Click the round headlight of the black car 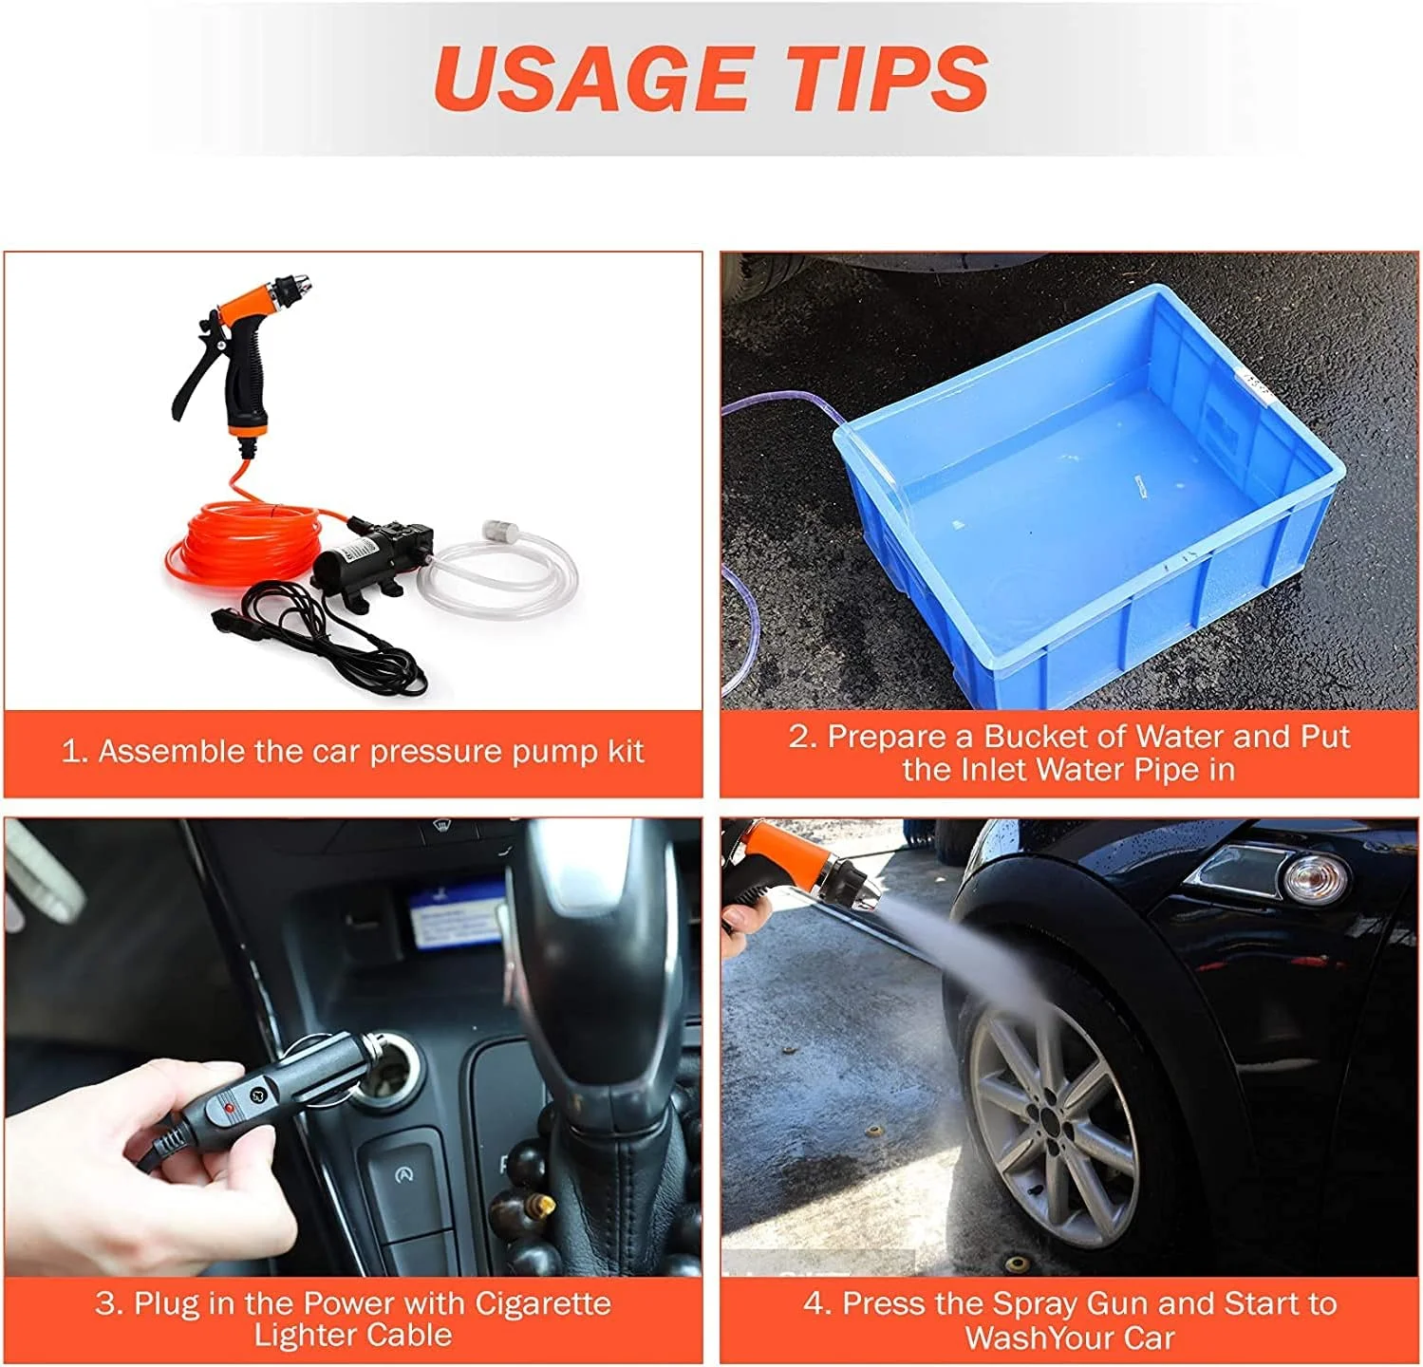1316,876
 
